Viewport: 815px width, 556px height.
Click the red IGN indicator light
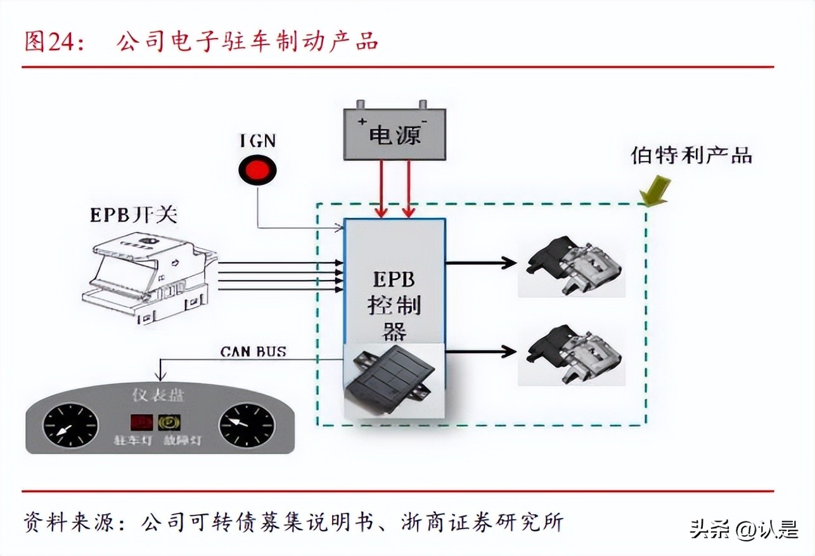tap(257, 170)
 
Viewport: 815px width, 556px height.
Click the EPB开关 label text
tap(133, 215)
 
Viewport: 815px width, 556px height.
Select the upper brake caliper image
tap(572, 265)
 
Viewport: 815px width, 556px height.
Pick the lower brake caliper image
tap(572, 354)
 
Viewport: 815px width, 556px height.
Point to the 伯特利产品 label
tap(691, 155)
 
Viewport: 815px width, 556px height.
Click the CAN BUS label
tap(253, 351)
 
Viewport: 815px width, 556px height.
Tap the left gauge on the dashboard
tap(70, 426)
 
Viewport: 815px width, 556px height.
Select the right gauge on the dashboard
tap(247, 425)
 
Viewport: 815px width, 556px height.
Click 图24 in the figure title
tap(51, 41)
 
